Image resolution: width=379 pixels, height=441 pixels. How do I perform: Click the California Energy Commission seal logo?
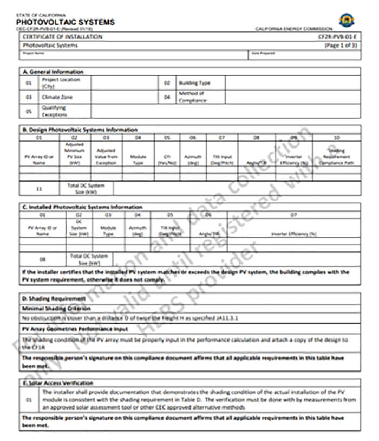[347, 20]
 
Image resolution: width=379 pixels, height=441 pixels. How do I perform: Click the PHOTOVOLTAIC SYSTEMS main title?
[66, 22]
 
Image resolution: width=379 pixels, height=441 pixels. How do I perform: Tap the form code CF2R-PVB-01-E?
[337, 37]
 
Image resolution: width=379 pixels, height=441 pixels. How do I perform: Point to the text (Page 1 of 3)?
[341, 46]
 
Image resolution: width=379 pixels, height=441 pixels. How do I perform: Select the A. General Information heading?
[53, 72]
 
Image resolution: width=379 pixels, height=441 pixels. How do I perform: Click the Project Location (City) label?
[61, 83]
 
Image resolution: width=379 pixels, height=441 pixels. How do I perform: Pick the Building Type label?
[194, 83]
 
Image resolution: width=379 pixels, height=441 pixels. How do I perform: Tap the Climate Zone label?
[57, 97]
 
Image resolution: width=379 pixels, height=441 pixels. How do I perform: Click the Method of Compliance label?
[192, 97]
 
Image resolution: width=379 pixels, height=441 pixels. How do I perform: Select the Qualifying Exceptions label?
[54, 111]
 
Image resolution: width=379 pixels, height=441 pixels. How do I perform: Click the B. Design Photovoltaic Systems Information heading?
[80, 130]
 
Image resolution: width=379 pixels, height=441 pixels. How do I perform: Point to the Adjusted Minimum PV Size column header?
[75, 154]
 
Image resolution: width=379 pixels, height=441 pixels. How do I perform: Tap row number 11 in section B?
[39, 189]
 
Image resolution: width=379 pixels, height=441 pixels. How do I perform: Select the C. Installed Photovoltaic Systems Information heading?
[82, 207]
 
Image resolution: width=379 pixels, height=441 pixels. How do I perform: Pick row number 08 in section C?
[43, 259]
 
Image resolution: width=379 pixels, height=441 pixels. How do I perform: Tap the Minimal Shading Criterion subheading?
[56, 308]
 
